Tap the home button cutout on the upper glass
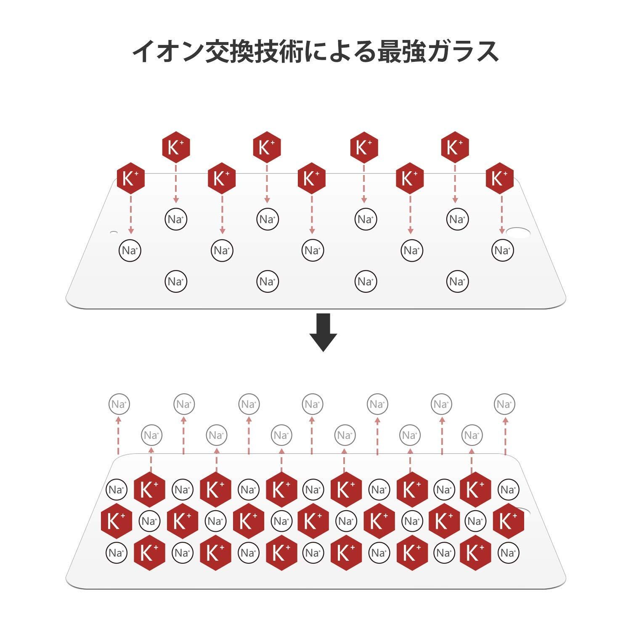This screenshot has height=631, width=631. click(518, 233)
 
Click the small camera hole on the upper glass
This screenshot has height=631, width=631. click(114, 232)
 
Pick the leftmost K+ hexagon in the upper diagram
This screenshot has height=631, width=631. click(130, 178)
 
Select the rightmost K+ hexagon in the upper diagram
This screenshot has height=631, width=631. click(500, 178)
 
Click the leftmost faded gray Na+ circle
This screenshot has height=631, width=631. click(119, 404)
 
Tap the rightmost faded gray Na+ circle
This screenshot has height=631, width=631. click(504, 404)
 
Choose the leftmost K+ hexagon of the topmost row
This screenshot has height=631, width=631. click(176, 147)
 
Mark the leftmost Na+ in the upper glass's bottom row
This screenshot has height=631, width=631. click(176, 281)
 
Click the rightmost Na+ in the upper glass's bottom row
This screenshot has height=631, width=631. click(457, 281)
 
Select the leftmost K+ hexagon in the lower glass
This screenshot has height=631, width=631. click(117, 521)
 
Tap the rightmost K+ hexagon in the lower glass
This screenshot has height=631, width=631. click(508, 521)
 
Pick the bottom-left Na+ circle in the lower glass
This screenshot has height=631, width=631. click(117, 552)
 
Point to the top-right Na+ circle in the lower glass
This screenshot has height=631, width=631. click(508, 490)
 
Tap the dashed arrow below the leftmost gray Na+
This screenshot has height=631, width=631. click(119, 435)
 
